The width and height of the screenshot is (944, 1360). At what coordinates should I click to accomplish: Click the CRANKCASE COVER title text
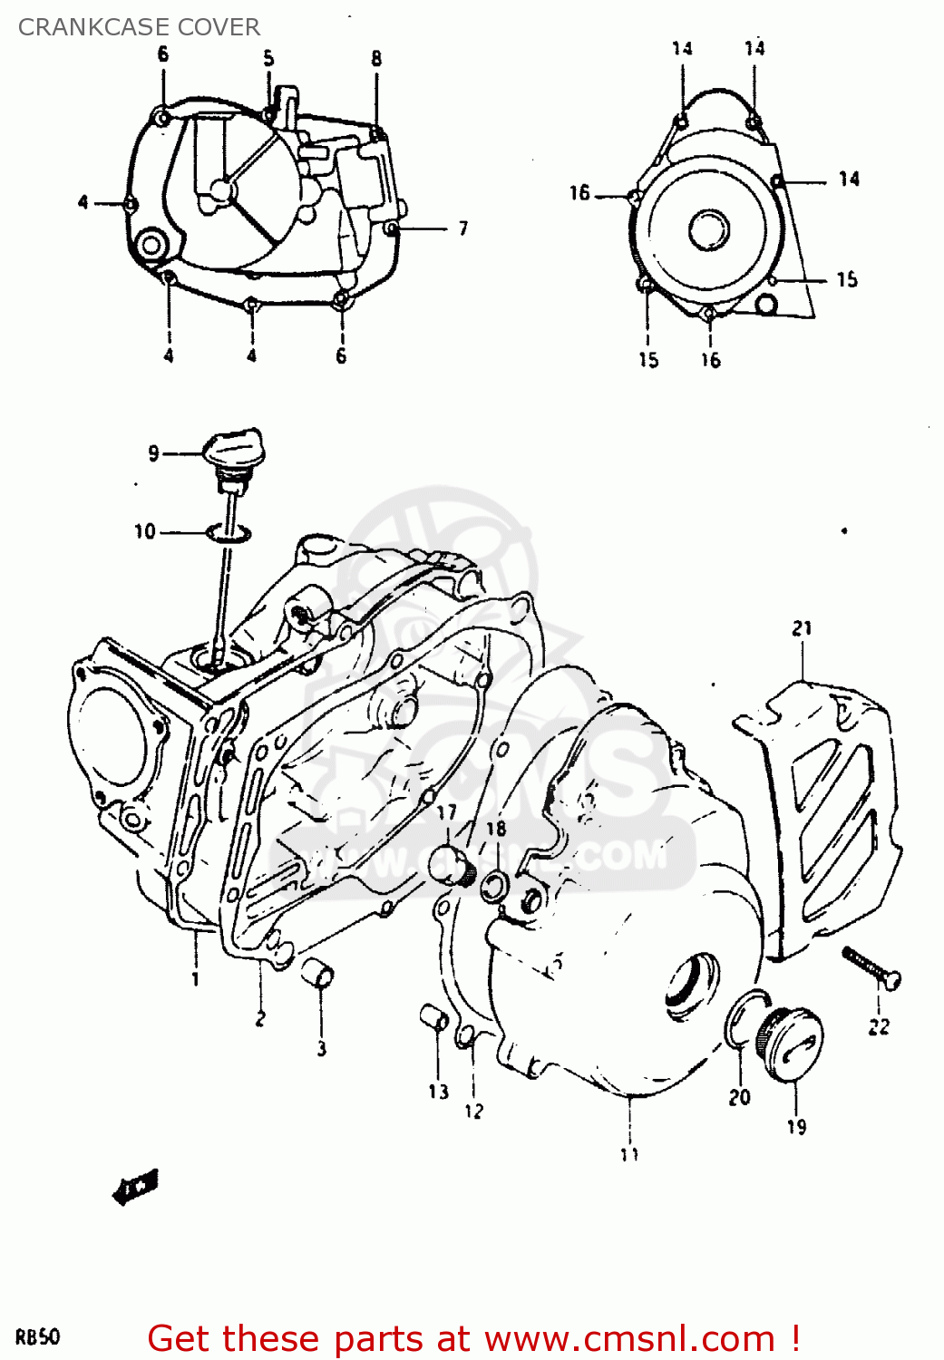click(139, 27)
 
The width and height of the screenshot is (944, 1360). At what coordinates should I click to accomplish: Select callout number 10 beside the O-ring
click(145, 531)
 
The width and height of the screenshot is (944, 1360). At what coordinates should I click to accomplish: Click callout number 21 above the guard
click(802, 628)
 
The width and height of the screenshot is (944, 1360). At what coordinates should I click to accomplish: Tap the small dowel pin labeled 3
click(318, 976)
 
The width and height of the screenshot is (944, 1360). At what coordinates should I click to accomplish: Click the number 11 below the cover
click(629, 1154)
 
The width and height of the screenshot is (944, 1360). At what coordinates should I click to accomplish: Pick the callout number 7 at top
click(462, 228)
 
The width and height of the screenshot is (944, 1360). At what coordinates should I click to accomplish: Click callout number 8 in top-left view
click(376, 59)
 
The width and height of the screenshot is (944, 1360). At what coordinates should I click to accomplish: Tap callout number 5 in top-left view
click(268, 59)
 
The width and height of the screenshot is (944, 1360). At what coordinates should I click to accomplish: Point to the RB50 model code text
click(38, 1337)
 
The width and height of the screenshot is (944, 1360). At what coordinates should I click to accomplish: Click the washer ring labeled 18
click(494, 886)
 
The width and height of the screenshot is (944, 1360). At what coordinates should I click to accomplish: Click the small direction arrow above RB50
click(135, 1187)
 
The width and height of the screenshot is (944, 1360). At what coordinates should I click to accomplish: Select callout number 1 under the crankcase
click(195, 979)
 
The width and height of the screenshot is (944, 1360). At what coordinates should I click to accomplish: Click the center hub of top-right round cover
click(708, 228)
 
